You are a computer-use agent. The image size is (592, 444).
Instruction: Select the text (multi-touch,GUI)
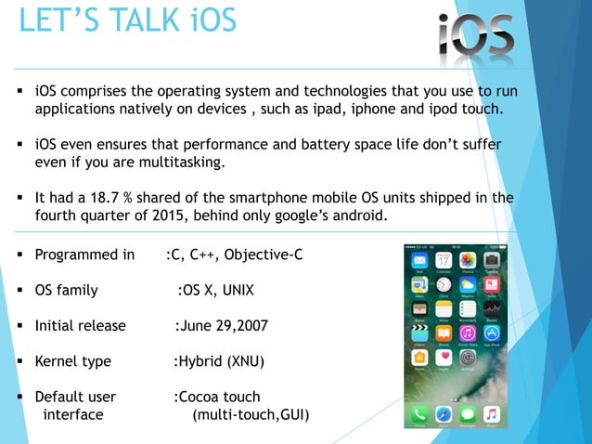pos(251,413)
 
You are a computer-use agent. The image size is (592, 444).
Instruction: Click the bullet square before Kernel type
pos(19,361)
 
